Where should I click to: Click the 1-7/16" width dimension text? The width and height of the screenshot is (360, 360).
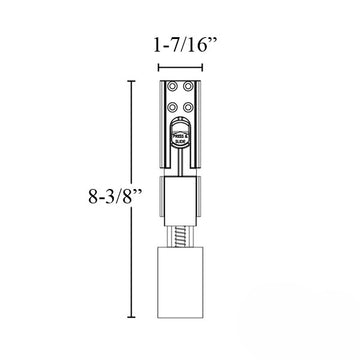click(x=179, y=46)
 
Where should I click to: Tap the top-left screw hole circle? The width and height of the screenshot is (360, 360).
click(x=173, y=87)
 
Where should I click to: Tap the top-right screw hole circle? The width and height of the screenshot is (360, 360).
click(x=186, y=87)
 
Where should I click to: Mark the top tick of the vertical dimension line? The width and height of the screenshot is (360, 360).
click(x=129, y=81)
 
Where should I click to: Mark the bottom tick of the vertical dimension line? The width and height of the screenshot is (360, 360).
click(x=129, y=316)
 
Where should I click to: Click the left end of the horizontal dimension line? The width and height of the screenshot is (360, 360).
click(x=159, y=67)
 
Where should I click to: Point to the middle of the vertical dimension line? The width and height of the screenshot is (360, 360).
click(x=129, y=199)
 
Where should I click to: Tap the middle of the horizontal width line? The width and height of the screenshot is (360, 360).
click(x=180, y=67)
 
